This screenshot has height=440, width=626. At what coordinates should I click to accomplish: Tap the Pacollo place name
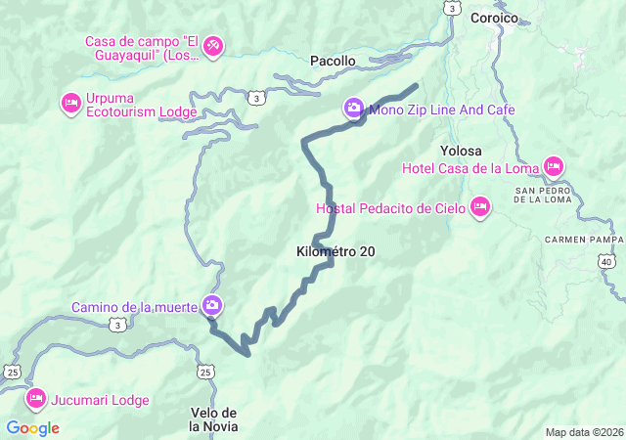(x=333, y=61)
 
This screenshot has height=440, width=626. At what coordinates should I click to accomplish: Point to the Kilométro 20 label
(x=335, y=251)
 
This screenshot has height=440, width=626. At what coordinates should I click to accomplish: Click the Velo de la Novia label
(x=213, y=418)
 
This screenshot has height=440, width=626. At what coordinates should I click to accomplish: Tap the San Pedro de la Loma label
(x=536, y=195)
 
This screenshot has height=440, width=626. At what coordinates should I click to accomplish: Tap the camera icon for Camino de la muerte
(x=211, y=305)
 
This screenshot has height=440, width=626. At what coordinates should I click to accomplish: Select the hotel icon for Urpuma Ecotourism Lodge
(x=70, y=102)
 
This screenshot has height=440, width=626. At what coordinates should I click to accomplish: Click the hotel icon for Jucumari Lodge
(x=36, y=397)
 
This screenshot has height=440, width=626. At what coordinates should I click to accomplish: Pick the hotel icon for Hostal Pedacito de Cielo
(x=479, y=206)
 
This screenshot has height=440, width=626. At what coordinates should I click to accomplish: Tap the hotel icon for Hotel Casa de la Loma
(x=553, y=166)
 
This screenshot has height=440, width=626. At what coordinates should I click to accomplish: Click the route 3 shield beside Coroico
(x=451, y=8)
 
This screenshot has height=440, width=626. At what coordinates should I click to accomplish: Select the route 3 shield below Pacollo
(x=255, y=98)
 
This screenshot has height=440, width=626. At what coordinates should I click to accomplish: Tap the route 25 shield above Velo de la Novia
(x=204, y=372)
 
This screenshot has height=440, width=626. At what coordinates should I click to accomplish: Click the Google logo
(x=32, y=427)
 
